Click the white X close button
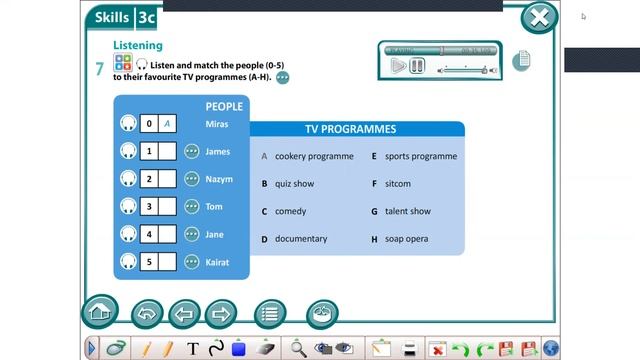(539, 17)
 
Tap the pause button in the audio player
(417, 66)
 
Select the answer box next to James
(168, 152)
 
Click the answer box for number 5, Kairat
(168, 262)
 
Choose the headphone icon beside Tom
(128, 207)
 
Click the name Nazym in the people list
(218, 179)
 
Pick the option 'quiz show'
(294, 184)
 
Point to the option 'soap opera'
(406, 239)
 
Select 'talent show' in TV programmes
(407, 212)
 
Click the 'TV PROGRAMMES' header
(350, 129)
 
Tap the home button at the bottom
(99, 313)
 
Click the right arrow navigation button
(220, 314)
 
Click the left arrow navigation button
(183, 314)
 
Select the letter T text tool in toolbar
(193, 348)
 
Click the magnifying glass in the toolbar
(298, 348)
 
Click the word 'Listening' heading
(137, 46)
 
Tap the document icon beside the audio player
(521, 61)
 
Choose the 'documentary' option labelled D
(301, 239)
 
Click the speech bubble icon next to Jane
(192, 235)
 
